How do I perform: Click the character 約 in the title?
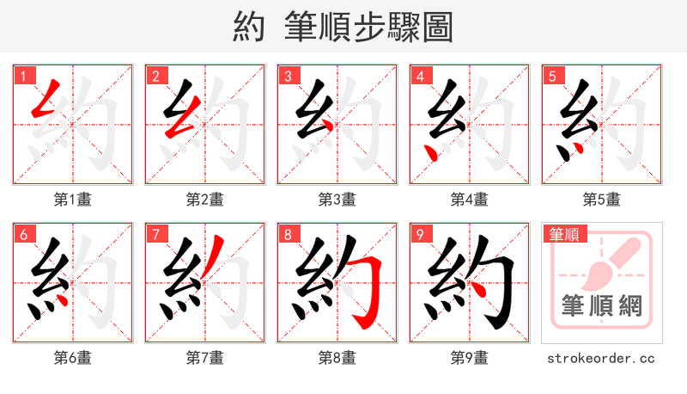[x=249, y=27]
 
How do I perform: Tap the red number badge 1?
[x=22, y=76]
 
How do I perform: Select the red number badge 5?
[x=551, y=76]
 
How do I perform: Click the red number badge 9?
[x=419, y=234]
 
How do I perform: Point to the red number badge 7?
[x=155, y=234]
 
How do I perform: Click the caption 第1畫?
[x=73, y=200]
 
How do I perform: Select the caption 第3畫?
[x=337, y=200]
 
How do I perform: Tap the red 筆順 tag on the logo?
[x=564, y=233]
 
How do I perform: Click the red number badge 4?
[x=419, y=76]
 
